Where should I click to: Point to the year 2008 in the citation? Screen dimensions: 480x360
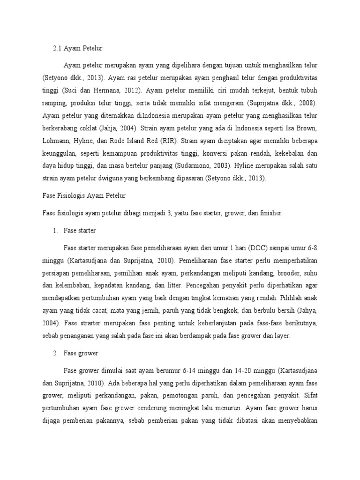307,102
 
